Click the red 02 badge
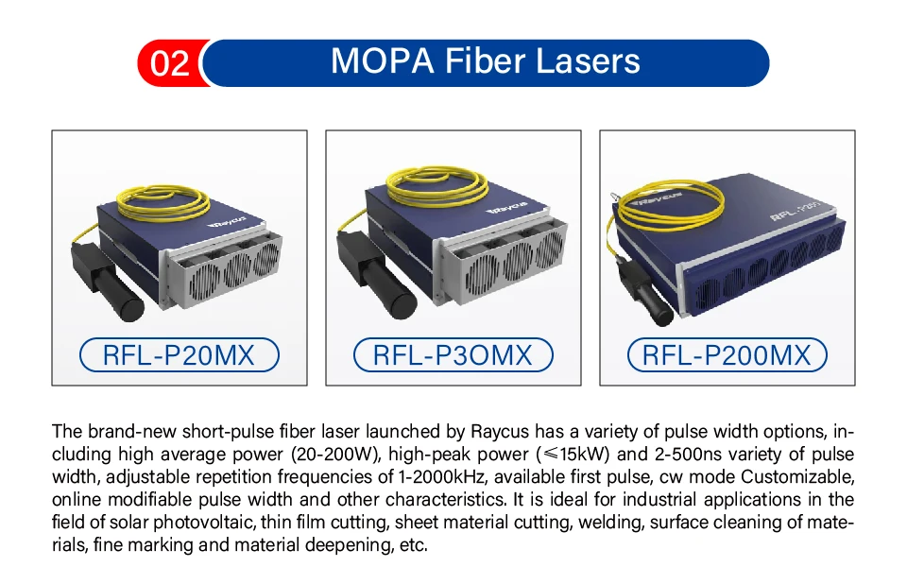[169, 63]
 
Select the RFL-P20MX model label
[179, 355]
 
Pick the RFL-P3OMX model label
[453, 355]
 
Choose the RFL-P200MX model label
[727, 355]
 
